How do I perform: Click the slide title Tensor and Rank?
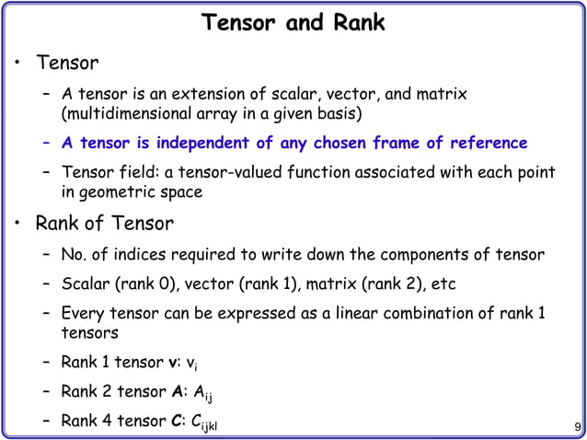click(x=293, y=22)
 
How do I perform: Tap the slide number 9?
click(x=575, y=427)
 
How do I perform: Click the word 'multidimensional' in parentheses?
click(x=125, y=114)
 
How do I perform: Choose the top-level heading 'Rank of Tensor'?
click(x=104, y=223)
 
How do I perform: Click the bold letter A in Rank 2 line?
click(x=177, y=391)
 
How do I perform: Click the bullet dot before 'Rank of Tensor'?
click(x=17, y=224)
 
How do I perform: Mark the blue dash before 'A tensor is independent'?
click(x=46, y=144)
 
